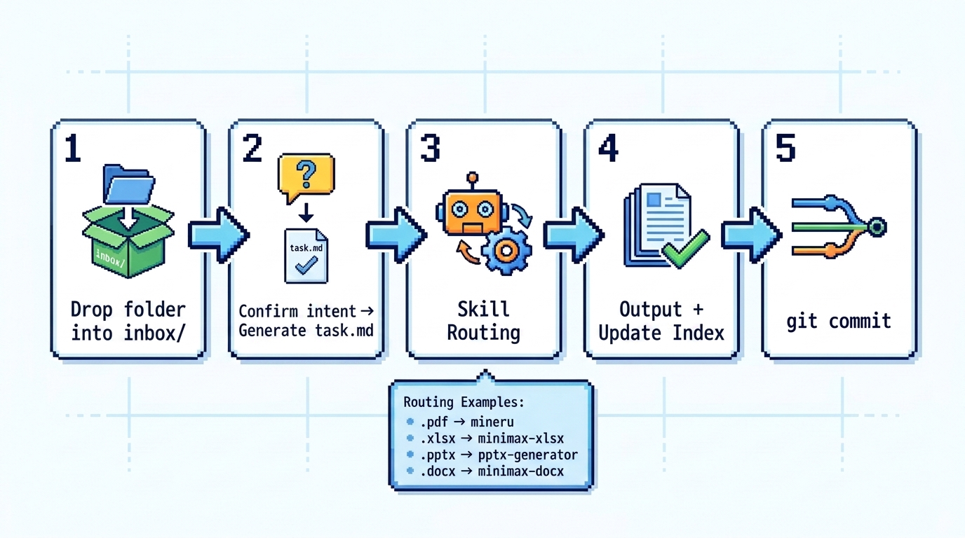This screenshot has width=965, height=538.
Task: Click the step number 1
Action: click(x=73, y=148)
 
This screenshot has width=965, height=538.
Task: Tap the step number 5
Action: click(x=785, y=148)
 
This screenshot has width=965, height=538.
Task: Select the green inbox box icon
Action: click(x=128, y=241)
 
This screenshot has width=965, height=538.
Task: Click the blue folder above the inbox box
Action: click(x=128, y=184)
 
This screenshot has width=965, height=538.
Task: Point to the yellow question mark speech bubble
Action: click(x=306, y=177)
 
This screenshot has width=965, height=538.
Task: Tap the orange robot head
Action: click(x=473, y=210)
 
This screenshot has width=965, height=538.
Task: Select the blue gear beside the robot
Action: click(x=506, y=251)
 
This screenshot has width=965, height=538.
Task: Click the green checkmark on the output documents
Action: click(x=685, y=249)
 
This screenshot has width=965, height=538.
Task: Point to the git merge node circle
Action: click(x=877, y=227)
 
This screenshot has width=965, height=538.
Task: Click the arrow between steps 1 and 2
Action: click(x=218, y=235)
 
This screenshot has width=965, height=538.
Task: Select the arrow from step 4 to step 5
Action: click(x=751, y=235)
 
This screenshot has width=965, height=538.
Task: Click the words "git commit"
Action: click(x=838, y=321)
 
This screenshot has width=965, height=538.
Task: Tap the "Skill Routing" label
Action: click(x=483, y=321)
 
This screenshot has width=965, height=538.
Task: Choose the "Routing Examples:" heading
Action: click(x=464, y=402)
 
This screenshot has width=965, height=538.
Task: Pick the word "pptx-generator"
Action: click(x=527, y=455)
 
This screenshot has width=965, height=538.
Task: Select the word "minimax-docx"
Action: click(x=521, y=471)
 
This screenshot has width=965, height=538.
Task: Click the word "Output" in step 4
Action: click(x=651, y=310)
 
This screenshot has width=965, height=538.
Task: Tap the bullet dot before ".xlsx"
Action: click(x=410, y=438)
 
